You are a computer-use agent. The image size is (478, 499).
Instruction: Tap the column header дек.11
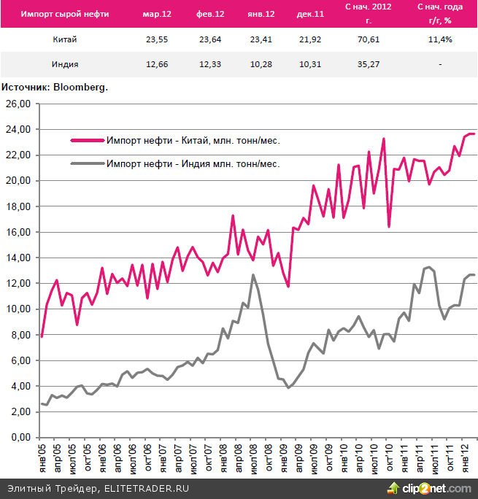(x=307, y=14)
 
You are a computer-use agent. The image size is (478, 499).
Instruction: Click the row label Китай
(x=66, y=39)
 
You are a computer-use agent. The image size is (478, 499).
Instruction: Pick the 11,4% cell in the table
(x=440, y=39)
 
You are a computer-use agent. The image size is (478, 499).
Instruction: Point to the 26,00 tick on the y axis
(x=18, y=104)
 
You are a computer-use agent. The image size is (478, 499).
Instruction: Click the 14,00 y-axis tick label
(x=18, y=258)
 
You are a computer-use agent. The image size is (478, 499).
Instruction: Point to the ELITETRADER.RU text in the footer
(x=146, y=487)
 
